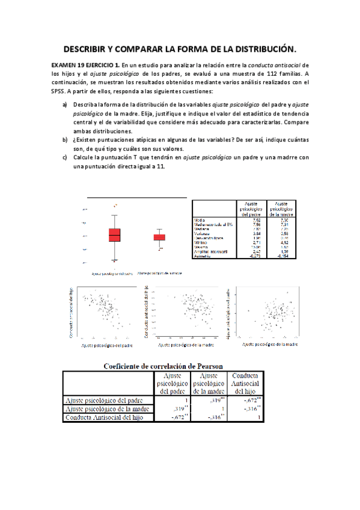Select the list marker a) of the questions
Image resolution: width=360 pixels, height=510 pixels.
click(65, 105)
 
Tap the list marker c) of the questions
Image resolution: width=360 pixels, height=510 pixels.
click(65, 158)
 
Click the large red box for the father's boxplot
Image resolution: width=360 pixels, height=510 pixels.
click(114, 235)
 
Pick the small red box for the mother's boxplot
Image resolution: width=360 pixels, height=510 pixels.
click(159, 238)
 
